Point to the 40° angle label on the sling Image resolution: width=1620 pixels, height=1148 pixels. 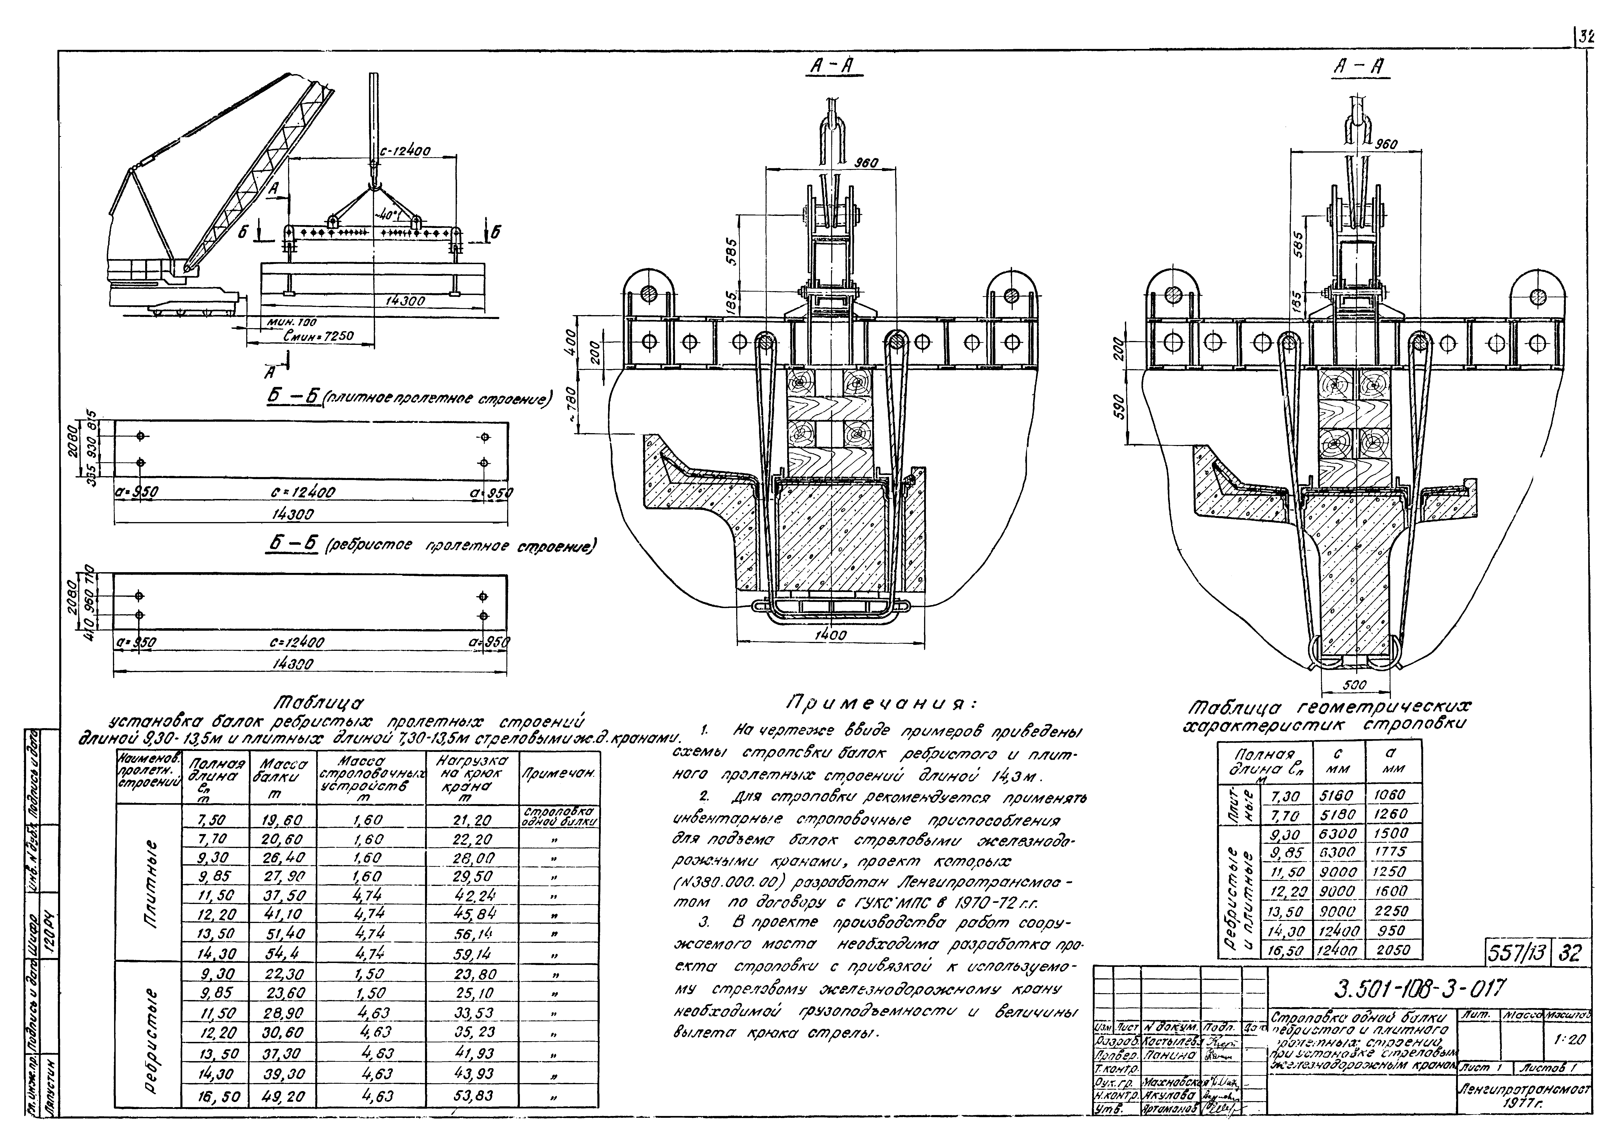tap(387, 214)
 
